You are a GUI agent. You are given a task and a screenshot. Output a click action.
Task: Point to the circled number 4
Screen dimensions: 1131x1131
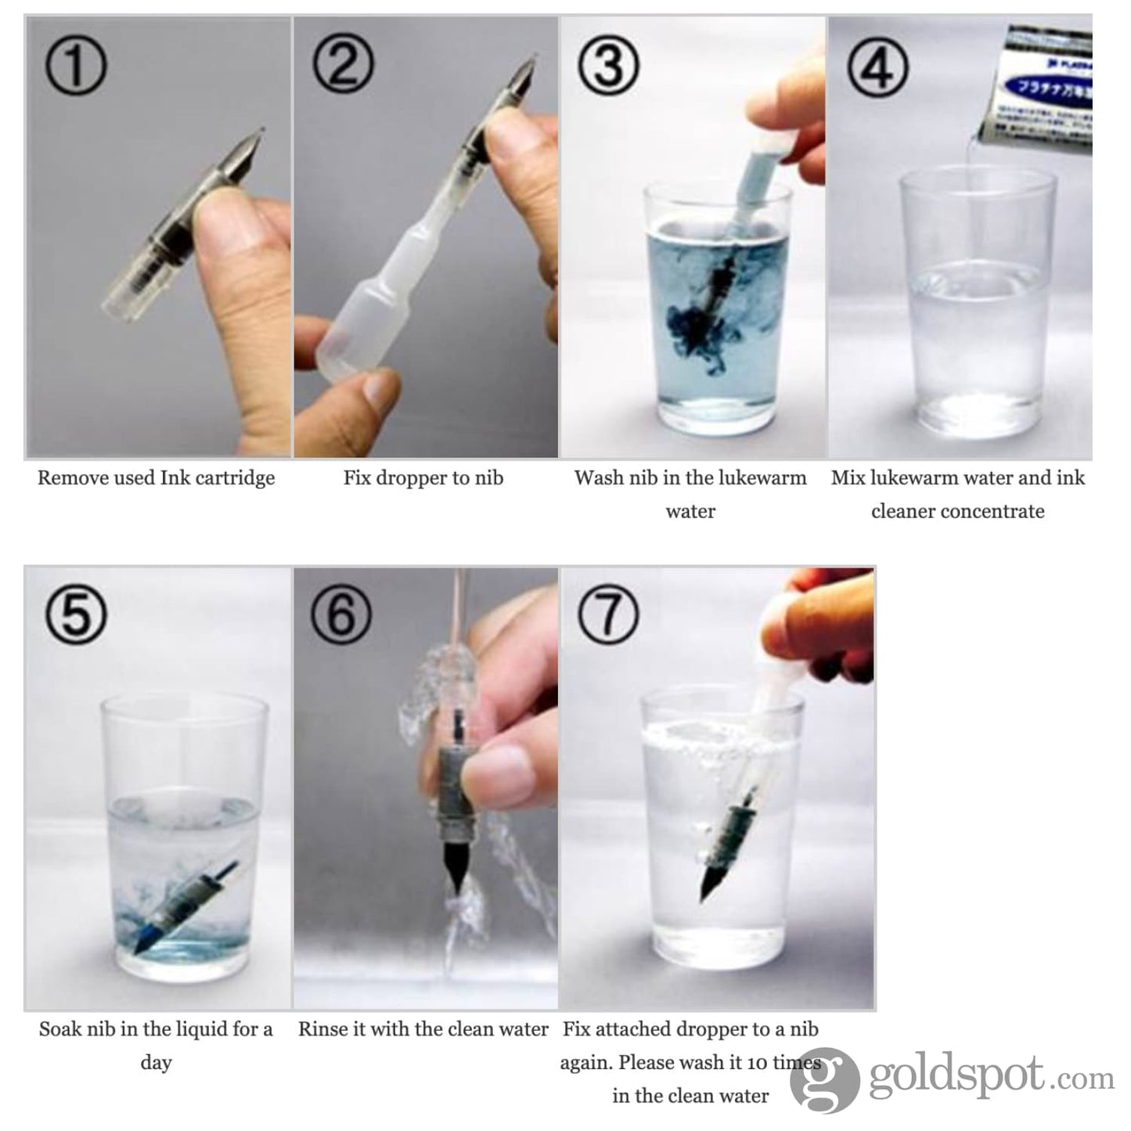(x=877, y=67)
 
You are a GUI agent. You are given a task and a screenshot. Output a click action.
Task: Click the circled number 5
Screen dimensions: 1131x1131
(x=75, y=615)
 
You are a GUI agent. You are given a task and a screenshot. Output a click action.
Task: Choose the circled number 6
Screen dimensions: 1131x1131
(x=341, y=615)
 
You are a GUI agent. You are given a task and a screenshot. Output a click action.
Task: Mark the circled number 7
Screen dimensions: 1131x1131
(x=608, y=615)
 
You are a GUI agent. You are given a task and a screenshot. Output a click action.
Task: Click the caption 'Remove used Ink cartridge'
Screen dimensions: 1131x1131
(x=157, y=478)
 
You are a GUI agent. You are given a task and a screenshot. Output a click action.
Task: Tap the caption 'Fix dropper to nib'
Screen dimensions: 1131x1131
(x=423, y=478)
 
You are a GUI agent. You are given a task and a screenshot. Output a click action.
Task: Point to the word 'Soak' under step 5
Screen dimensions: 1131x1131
(x=59, y=1028)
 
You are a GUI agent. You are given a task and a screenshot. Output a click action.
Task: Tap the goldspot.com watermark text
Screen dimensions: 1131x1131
(x=990, y=1079)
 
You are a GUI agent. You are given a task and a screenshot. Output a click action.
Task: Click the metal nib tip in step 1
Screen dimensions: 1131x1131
(x=247, y=144)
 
